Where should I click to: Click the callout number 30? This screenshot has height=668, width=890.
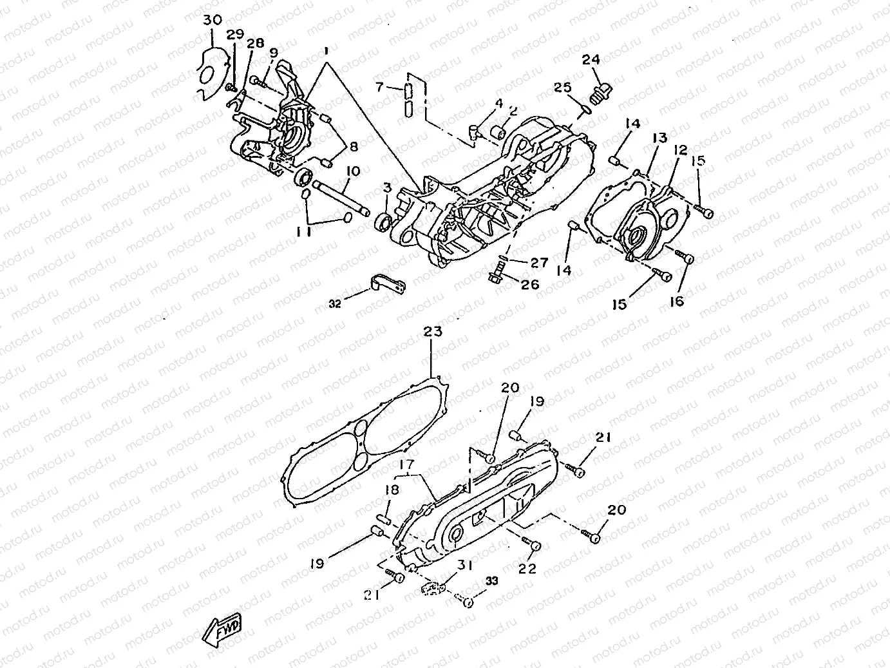212,20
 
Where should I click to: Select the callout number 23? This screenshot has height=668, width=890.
433,332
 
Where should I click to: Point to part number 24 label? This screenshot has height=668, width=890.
591,60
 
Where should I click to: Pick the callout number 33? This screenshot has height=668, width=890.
492,580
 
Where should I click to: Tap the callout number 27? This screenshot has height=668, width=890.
538,262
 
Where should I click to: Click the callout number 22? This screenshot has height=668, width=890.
527,569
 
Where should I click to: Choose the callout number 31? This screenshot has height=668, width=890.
466,565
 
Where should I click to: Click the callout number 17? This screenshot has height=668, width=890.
406,464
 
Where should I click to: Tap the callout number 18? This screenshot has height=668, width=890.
391,490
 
